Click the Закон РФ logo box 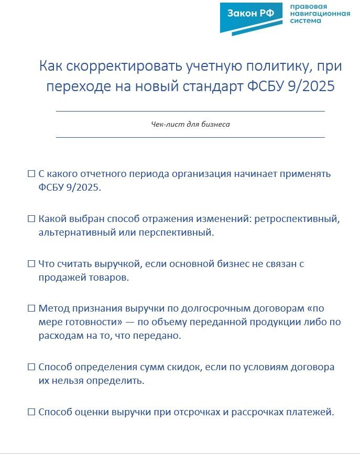(251, 14)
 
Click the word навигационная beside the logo (320, 14)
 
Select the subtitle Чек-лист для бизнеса (190, 125)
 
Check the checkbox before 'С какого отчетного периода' (31, 174)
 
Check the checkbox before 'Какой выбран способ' (31, 219)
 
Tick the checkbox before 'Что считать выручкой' (31, 264)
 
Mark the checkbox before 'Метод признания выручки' (31, 308)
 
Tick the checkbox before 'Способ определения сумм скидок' (31, 367)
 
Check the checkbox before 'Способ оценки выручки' (31, 412)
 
